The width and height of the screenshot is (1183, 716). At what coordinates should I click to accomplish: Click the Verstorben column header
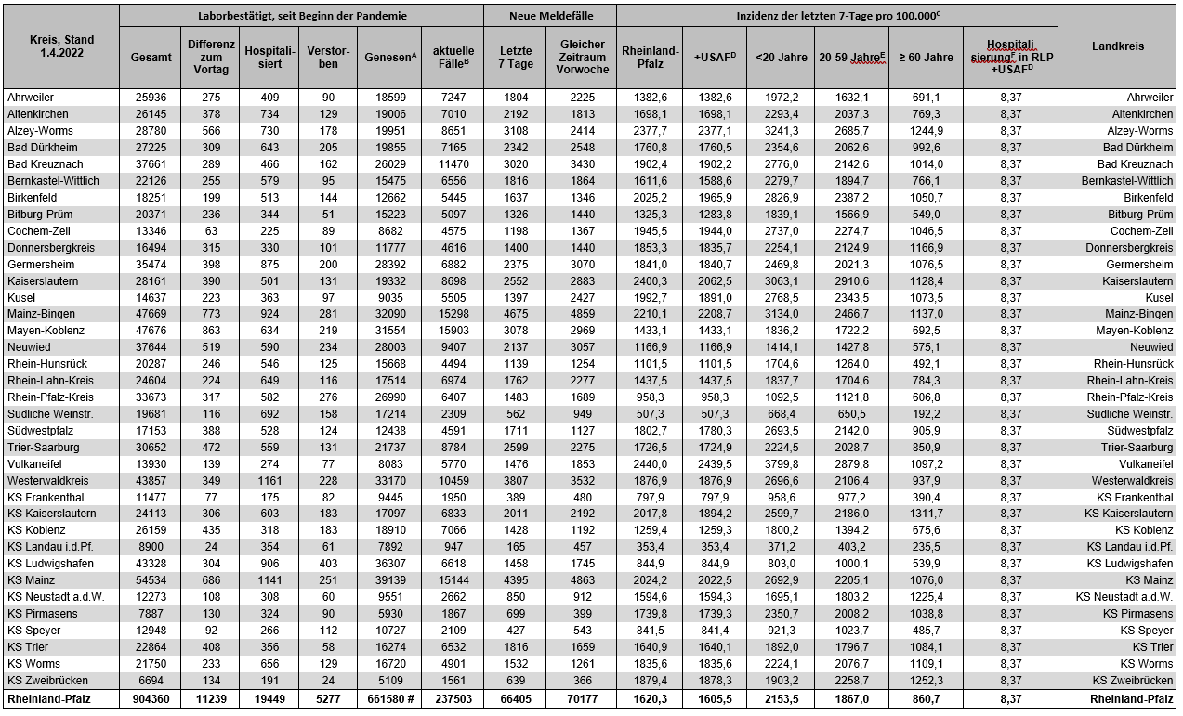click(x=322, y=57)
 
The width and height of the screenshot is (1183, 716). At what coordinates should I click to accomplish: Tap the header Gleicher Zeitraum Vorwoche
click(x=583, y=57)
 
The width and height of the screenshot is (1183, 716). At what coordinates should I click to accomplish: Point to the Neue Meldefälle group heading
click(x=549, y=16)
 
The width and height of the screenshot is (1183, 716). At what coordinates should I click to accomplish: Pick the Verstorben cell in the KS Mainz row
click(x=322, y=580)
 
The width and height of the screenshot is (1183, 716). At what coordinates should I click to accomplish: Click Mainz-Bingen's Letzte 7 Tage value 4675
click(x=514, y=314)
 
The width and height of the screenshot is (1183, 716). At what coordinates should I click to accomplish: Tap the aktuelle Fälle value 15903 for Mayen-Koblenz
click(x=452, y=331)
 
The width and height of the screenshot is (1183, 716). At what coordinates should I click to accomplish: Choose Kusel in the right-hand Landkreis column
click(x=1159, y=297)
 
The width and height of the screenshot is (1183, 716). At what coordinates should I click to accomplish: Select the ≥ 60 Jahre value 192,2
click(x=925, y=414)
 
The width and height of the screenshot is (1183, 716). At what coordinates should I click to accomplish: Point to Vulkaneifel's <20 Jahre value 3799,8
click(x=781, y=463)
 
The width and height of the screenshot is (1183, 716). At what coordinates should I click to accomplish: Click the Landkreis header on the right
click(x=1118, y=46)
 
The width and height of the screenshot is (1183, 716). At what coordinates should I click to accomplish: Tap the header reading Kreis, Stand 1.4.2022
click(x=61, y=46)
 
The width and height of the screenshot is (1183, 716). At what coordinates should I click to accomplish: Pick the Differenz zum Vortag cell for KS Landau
click(x=211, y=547)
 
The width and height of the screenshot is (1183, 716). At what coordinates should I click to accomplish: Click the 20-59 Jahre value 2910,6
click(x=851, y=280)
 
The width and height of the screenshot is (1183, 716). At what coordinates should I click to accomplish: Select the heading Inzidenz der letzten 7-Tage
click(x=835, y=16)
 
